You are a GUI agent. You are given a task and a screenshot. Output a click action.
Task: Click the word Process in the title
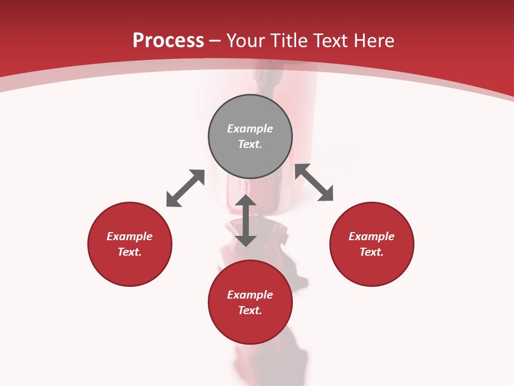click(168, 41)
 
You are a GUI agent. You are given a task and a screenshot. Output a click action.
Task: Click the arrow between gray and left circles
click(185, 188)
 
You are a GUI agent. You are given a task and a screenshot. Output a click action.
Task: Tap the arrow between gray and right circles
click(314, 182)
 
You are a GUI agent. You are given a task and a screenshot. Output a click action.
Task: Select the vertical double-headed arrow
click(246, 220)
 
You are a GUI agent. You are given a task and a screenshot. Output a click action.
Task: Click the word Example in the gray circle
click(250, 129)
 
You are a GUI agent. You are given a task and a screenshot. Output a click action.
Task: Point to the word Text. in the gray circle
click(250, 144)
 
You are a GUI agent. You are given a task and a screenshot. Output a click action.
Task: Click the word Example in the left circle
click(130, 236)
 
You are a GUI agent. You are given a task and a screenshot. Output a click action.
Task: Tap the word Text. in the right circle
click(372, 252)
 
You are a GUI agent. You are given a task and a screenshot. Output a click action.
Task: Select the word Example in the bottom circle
click(250, 295)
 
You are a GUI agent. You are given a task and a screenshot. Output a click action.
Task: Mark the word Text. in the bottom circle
click(250, 310)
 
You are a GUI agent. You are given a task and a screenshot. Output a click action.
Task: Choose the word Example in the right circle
click(372, 236)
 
